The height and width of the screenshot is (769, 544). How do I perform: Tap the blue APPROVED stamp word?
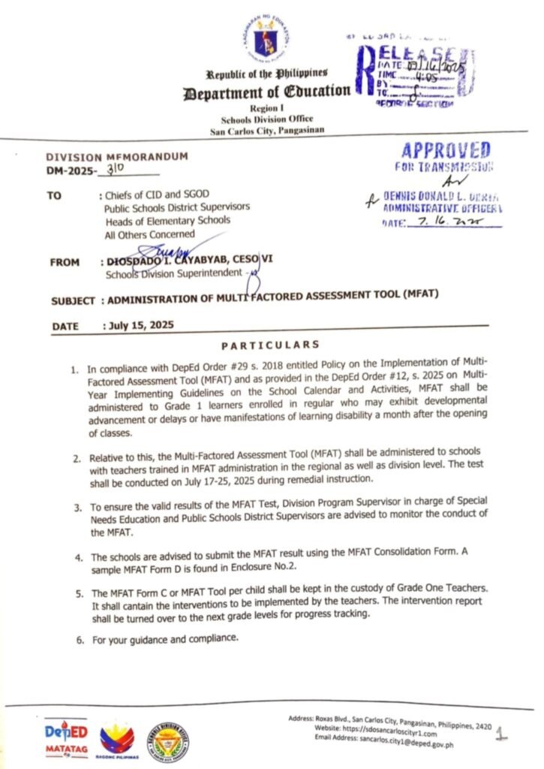[x=446, y=149]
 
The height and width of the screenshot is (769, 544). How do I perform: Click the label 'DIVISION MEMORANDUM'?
[x=107, y=157]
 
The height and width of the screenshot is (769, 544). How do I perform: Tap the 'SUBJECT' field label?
[x=74, y=300]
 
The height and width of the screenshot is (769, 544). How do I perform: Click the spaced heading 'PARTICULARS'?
[x=270, y=345]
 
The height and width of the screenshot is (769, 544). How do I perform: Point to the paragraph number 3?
[x=77, y=508]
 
